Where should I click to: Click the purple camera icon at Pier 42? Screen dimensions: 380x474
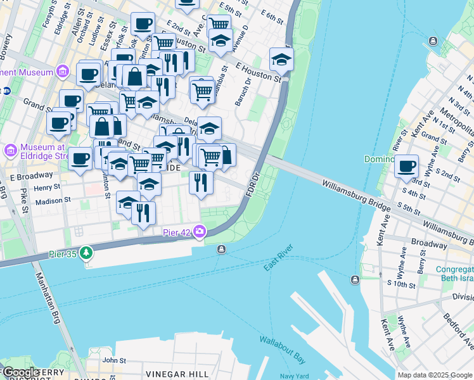pos(201,232)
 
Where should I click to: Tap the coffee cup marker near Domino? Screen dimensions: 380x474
pos(406,167)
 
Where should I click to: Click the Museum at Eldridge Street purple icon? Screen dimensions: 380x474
pos(10,151)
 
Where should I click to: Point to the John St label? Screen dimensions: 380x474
pos(114,360)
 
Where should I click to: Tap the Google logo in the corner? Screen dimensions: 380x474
pos(20,372)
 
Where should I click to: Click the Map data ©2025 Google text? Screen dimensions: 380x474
pos(435,375)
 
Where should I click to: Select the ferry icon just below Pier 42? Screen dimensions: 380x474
pos(221,249)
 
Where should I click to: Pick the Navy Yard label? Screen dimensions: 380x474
pos(293,376)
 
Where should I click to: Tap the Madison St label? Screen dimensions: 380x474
pos(53,200)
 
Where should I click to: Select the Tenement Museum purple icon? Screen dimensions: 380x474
pos(63,72)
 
